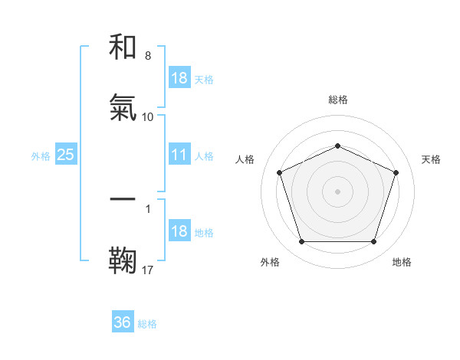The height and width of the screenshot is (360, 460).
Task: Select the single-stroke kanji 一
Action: point(123,199)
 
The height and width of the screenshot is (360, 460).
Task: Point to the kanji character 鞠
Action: point(123,260)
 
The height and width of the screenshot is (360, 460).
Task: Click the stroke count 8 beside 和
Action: point(148,56)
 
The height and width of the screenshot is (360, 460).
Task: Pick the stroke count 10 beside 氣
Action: point(148,116)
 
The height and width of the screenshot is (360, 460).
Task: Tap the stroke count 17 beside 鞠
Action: point(148,269)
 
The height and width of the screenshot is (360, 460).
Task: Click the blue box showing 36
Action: point(123,322)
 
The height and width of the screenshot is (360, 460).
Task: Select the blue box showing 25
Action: point(65,155)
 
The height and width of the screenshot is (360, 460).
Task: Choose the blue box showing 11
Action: point(179,155)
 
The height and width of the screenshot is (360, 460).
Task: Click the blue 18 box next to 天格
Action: point(179,78)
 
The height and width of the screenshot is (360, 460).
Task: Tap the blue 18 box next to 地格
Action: point(179,231)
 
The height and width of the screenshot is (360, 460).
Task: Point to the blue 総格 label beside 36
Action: point(148,324)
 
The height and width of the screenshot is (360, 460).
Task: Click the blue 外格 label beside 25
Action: point(41,155)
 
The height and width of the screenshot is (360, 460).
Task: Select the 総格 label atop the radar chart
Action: point(337,100)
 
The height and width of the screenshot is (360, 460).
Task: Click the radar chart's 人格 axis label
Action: point(245,159)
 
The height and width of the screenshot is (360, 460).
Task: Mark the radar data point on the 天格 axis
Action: point(396,172)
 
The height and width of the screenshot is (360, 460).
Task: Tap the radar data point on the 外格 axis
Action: point(301,241)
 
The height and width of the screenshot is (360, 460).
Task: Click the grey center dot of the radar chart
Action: point(337,191)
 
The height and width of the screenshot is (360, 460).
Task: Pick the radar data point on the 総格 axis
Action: point(337,145)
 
